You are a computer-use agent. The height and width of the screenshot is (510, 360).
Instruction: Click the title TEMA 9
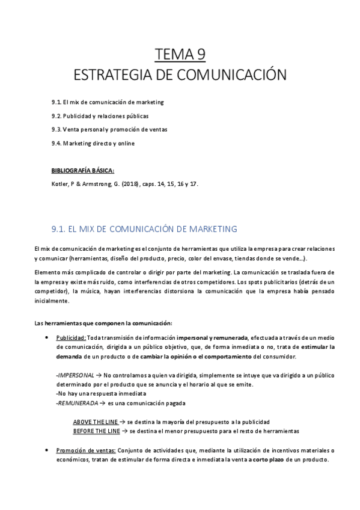[180, 55]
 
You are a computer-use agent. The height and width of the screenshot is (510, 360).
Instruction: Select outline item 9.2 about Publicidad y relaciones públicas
[100, 115]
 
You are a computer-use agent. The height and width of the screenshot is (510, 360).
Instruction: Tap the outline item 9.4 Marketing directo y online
[93, 143]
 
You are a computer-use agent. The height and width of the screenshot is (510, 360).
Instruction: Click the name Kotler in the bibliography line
[61, 185]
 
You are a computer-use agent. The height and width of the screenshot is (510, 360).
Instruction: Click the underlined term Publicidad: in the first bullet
[71, 338]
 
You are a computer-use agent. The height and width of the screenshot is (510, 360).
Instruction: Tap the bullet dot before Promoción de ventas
[47, 449]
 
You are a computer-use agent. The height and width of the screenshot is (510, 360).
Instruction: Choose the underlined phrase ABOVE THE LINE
[95, 422]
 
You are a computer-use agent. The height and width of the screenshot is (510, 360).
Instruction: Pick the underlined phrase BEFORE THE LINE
[96, 431]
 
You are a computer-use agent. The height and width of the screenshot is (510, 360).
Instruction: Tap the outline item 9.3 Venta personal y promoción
[109, 129]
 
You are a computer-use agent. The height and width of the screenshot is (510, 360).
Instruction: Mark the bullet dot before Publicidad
[47, 338]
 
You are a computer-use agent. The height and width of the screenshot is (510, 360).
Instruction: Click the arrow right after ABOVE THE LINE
[122, 422]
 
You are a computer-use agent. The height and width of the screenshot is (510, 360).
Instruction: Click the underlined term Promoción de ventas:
[87, 450]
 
